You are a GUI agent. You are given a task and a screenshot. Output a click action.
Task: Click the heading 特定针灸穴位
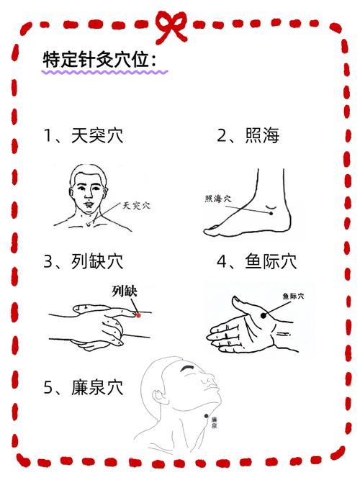[100, 60]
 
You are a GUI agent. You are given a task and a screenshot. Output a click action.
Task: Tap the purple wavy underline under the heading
[105, 73]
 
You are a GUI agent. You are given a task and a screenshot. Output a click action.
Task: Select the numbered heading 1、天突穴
[84, 135]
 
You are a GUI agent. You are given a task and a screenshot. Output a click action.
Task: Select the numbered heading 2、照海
[248, 135]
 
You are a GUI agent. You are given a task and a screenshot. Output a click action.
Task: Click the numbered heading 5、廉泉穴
[84, 389]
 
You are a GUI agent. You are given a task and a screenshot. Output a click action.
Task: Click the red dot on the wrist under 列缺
[138, 314]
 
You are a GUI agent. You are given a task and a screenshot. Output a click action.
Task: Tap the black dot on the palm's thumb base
[262, 314]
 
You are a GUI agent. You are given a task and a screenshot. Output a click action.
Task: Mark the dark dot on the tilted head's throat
[210, 416]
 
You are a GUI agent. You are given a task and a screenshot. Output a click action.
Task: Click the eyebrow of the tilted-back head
[188, 369]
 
